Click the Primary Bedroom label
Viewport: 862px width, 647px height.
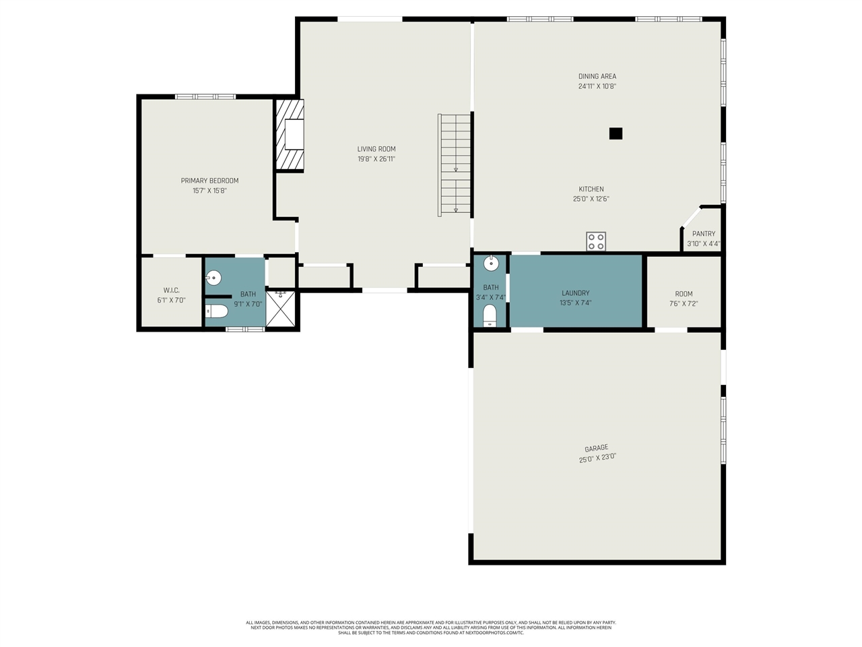click(x=209, y=181)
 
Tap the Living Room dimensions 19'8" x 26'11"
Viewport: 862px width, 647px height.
click(x=376, y=159)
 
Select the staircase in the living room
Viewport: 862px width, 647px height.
click(x=455, y=164)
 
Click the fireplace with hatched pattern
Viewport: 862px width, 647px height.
click(x=290, y=134)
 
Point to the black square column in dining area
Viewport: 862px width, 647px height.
click(x=615, y=133)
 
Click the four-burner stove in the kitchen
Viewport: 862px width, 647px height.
click(x=595, y=241)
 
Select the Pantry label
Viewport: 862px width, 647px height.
click(x=703, y=234)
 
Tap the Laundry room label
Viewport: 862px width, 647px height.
click(x=575, y=293)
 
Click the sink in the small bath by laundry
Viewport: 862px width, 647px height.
click(x=491, y=263)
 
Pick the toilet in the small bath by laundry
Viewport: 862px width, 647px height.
click(x=490, y=315)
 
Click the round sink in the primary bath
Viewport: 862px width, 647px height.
click(x=213, y=277)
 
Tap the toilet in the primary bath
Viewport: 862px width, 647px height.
click(x=217, y=311)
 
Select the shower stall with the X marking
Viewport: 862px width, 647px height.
click(x=281, y=309)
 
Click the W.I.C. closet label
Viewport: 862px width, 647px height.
click(x=171, y=290)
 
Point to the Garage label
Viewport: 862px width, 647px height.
click(x=596, y=448)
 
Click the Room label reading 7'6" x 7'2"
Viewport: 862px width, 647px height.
click(x=684, y=294)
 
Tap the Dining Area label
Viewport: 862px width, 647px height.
click(x=597, y=76)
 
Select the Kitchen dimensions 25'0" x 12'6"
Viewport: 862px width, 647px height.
click(x=591, y=199)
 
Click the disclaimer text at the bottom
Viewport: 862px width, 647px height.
click(x=431, y=627)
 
